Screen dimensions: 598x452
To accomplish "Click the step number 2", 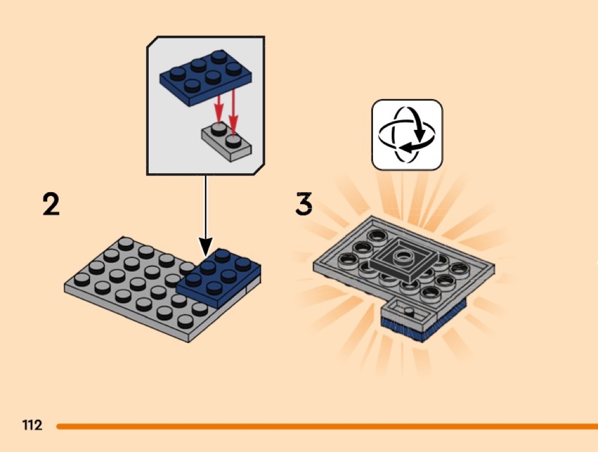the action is [x=51, y=204].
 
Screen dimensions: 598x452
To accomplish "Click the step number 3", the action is [x=304, y=203].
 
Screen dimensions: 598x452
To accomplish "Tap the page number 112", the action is [x=32, y=425].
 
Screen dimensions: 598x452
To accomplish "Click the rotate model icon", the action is [x=407, y=135].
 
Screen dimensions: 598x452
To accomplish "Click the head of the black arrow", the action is [x=206, y=246].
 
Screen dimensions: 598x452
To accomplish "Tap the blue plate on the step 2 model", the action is [x=219, y=278].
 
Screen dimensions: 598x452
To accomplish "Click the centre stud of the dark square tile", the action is [x=401, y=256].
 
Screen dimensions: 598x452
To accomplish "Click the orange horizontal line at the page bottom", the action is [x=327, y=426].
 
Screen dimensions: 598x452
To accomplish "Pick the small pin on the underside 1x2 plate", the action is [x=409, y=312].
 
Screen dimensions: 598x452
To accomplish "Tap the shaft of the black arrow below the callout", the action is [x=206, y=206].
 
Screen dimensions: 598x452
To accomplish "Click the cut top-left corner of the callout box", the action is [x=152, y=42].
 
